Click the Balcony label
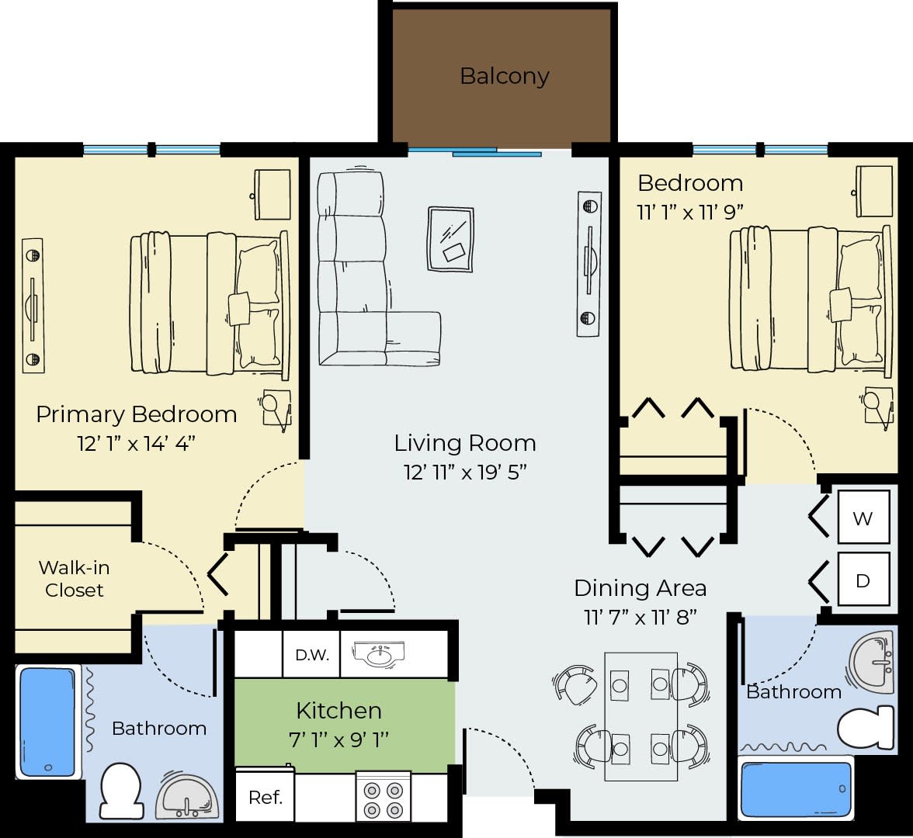pos(504,76)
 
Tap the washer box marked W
pos(863,518)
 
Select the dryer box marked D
pos(863,580)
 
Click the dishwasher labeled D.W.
pos(312,655)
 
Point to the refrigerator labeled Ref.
pos(265,798)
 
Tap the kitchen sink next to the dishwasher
pos(378,654)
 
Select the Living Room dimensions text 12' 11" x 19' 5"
pos(465,472)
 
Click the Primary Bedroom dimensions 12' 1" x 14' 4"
pos(136,443)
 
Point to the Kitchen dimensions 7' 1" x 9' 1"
pos(338,739)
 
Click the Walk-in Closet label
pos(74,579)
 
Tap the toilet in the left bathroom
pos(120,789)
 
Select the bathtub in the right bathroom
pos(796,790)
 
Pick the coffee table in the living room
pos(450,239)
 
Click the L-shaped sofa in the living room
pos(357,272)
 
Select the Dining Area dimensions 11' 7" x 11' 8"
pos(640,618)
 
